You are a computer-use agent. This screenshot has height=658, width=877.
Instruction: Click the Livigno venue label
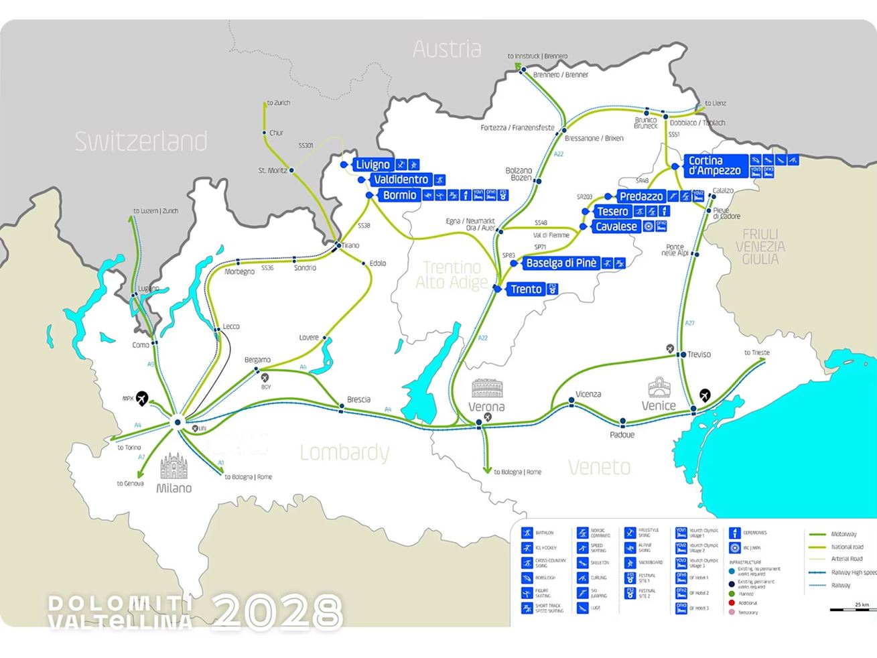point(373,165)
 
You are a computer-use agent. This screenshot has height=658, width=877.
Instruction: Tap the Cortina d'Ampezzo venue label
point(714,166)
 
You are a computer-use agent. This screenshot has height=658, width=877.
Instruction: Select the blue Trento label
point(526,289)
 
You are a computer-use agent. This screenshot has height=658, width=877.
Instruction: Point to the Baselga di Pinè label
point(561,263)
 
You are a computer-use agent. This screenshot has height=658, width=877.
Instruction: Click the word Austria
point(447,49)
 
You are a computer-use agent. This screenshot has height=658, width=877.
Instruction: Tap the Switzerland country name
point(141,141)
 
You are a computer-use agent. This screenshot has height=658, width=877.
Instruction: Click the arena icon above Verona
point(487,389)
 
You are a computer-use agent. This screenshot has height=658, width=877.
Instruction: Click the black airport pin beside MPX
point(142,399)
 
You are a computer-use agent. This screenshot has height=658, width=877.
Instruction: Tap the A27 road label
point(689,323)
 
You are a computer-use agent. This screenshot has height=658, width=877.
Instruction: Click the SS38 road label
point(364,226)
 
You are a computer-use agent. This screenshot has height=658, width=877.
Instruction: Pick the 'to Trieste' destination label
point(757,352)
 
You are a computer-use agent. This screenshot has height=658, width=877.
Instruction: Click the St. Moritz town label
point(273,170)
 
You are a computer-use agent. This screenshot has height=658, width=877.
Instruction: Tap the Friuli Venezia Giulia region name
point(760,246)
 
